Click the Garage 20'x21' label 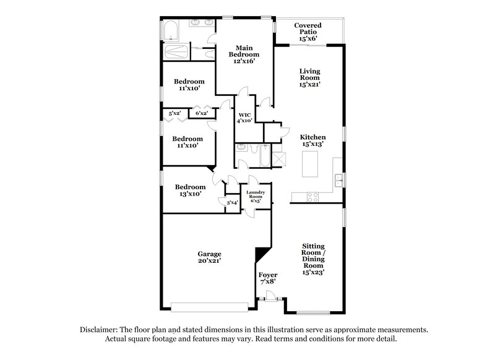pyautogui.click(x=210, y=257)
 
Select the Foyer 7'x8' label pyautogui.click(x=268, y=278)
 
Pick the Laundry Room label pyautogui.click(x=256, y=197)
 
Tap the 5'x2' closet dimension pyautogui.click(x=175, y=113)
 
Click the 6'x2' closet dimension pyautogui.click(x=201, y=113)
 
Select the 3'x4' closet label pyautogui.click(x=232, y=203)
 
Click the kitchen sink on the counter pyautogui.click(x=338, y=180)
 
